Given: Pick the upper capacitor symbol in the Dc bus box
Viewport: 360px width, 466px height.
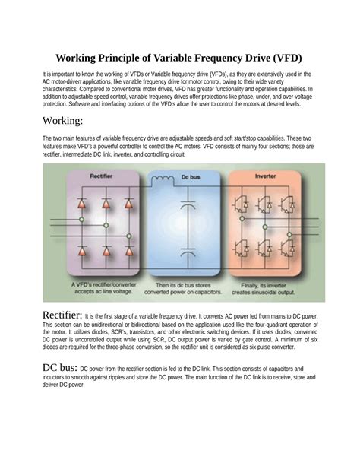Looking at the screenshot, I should pos(183,207).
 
